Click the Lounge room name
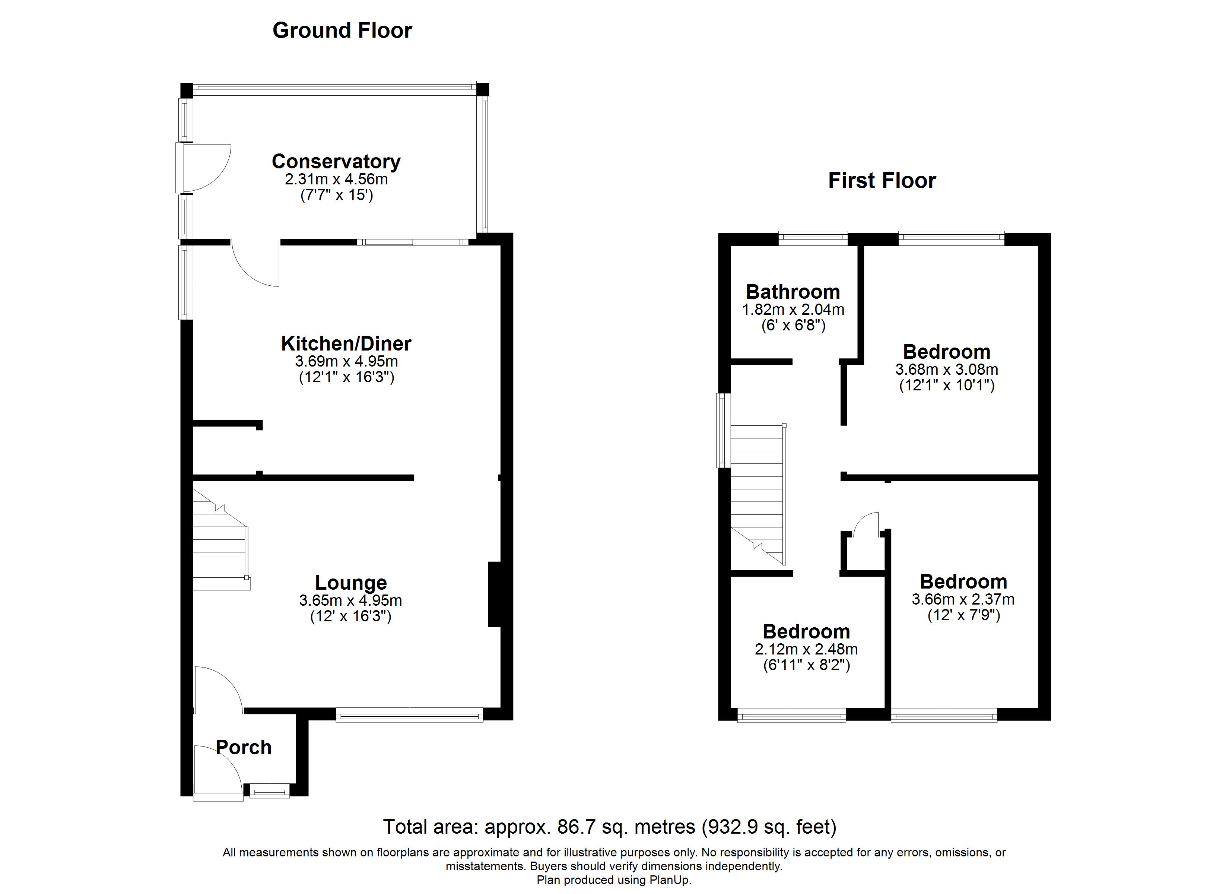351,583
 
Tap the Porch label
243,747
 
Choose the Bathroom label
793,292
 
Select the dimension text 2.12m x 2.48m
806,649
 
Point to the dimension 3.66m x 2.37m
963,600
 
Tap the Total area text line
610,827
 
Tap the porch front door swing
219,770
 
